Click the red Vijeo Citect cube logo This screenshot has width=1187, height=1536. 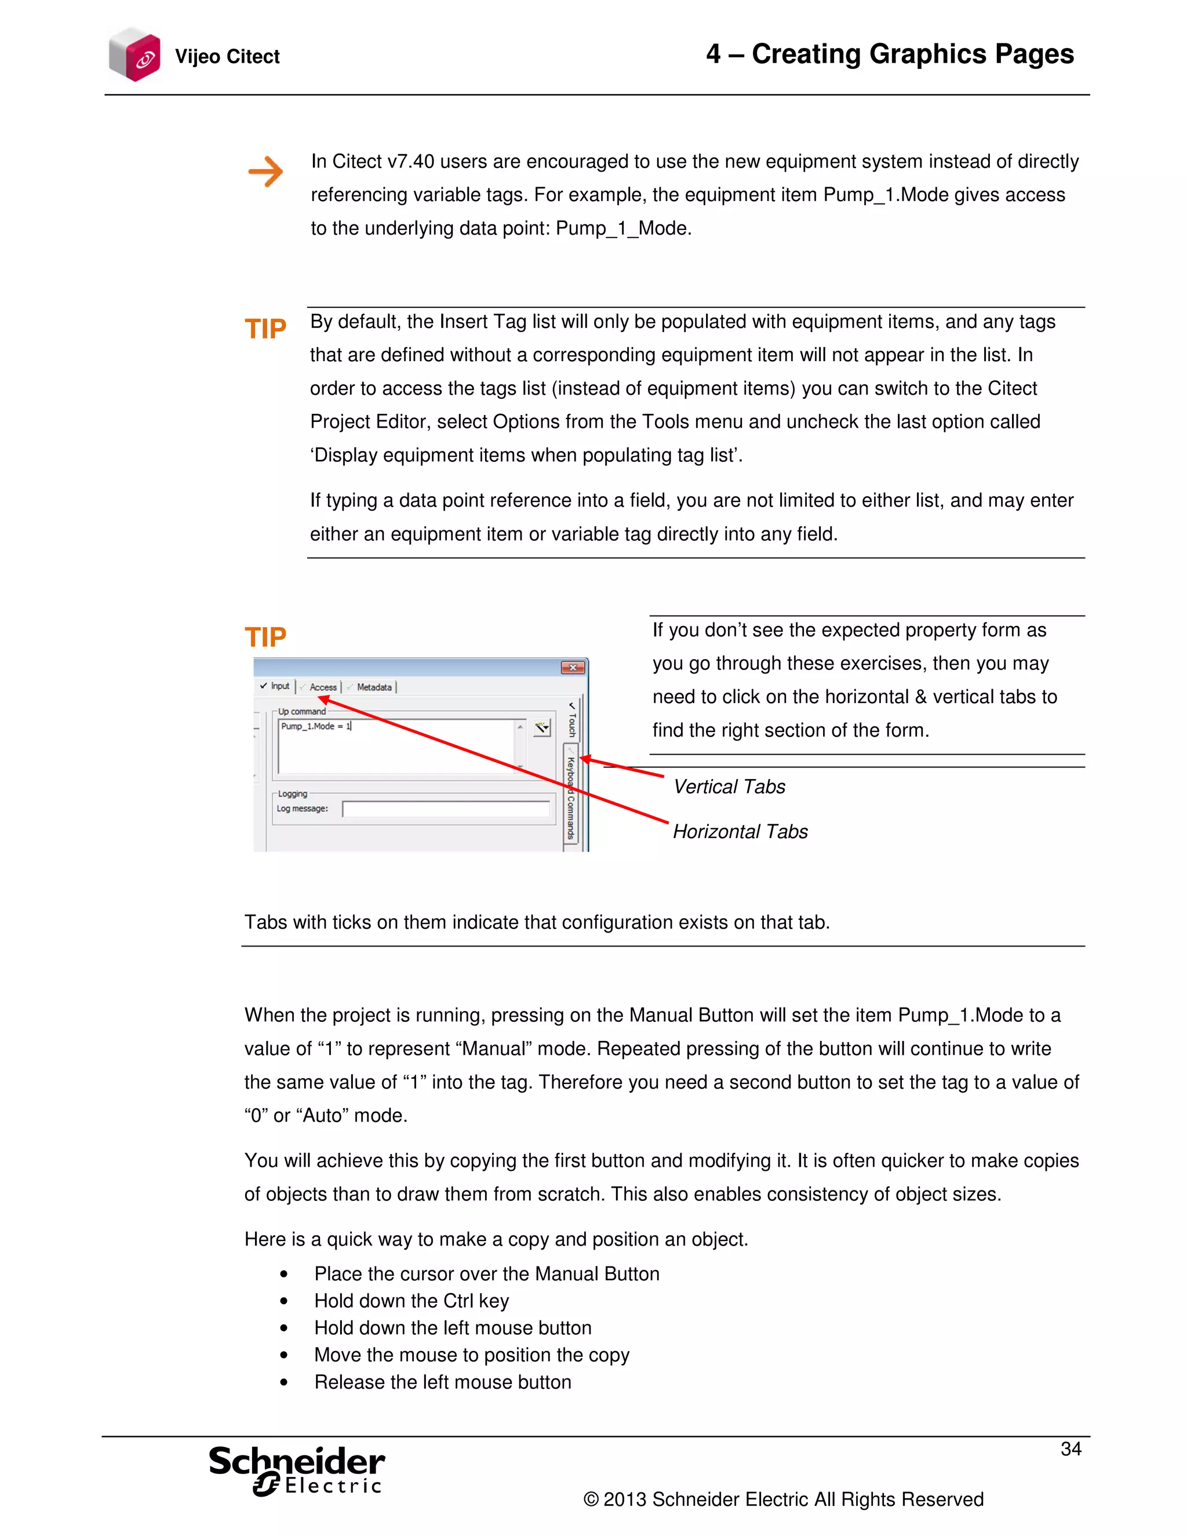click(x=135, y=55)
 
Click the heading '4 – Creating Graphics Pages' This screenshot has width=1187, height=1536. click(x=890, y=54)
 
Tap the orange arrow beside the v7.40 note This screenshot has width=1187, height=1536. click(x=266, y=172)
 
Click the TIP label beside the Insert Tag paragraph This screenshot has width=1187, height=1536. click(x=265, y=329)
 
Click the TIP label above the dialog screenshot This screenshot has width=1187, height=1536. click(x=265, y=637)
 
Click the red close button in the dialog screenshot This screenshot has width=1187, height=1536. click(x=573, y=667)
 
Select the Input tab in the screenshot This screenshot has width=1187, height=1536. click(x=276, y=686)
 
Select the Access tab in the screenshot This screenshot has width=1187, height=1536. click(x=321, y=687)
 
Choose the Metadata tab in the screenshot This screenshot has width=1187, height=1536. click(x=373, y=687)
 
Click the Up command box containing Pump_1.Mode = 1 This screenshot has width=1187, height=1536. click(x=397, y=745)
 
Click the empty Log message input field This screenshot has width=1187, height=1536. click(x=446, y=810)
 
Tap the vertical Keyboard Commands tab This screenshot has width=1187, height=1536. click(x=571, y=798)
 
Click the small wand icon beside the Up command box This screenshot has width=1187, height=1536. click(x=541, y=728)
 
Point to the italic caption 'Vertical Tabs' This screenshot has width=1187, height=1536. click(x=729, y=787)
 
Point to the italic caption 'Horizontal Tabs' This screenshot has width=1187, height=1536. click(x=740, y=831)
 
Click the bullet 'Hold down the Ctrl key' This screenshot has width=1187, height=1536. click(x=412, y=1301)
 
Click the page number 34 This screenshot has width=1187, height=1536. click(x=1071, y=1449)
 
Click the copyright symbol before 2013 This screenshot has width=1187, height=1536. click(x=591, y=1499)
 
